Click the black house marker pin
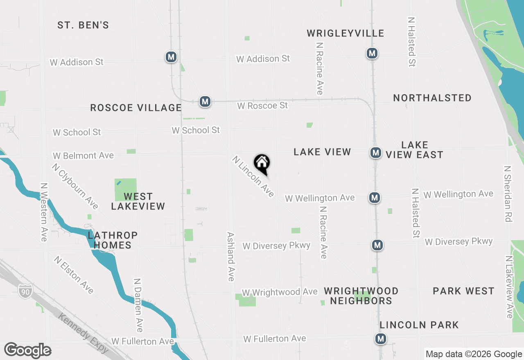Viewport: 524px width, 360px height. tap(262, 164)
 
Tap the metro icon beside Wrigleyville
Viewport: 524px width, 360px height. tap(372, 53)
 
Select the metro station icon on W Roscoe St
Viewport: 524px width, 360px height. tap(205, 101)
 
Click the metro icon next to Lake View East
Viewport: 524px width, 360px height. tap(375, 153)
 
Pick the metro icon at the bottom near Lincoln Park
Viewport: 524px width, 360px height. tap(381, 339)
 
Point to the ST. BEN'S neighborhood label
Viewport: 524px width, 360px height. tap(83, 25)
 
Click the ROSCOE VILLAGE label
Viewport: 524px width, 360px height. tap(136, 108)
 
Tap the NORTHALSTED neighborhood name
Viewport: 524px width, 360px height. tap(432, 98)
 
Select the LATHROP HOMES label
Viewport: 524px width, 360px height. tap(113, 240)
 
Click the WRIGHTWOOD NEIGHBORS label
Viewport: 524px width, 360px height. tap(361, 296)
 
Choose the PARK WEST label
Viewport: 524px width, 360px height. tap(464, 291)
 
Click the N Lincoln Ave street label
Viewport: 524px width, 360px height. tap(253, 176)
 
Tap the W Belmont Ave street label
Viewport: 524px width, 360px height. tap(83, 156)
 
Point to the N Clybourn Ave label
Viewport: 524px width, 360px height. tap(75, 186)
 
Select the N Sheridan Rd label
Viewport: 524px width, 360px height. tap(508, 194)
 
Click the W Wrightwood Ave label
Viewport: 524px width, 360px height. tap(280, 292)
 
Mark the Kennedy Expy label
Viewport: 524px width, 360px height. tap(84, 333)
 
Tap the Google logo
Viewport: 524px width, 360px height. tap(27, 351)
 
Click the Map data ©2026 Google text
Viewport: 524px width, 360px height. tap(474, 354)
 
